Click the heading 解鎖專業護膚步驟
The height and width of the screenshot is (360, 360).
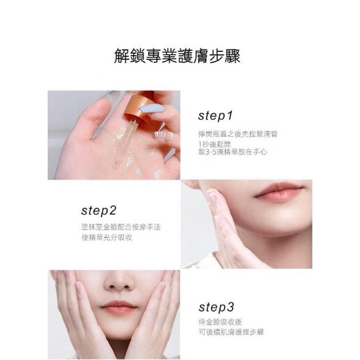[x=177, y=57]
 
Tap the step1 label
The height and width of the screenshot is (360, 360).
[x=216, y=115]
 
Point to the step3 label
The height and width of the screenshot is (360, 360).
[x=216, y=307]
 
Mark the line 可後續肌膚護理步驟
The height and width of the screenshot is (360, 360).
[x=230, y=333]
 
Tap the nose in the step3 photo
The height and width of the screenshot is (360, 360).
[x=118, y=282]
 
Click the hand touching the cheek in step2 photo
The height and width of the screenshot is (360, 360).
[x=226, y=226]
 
